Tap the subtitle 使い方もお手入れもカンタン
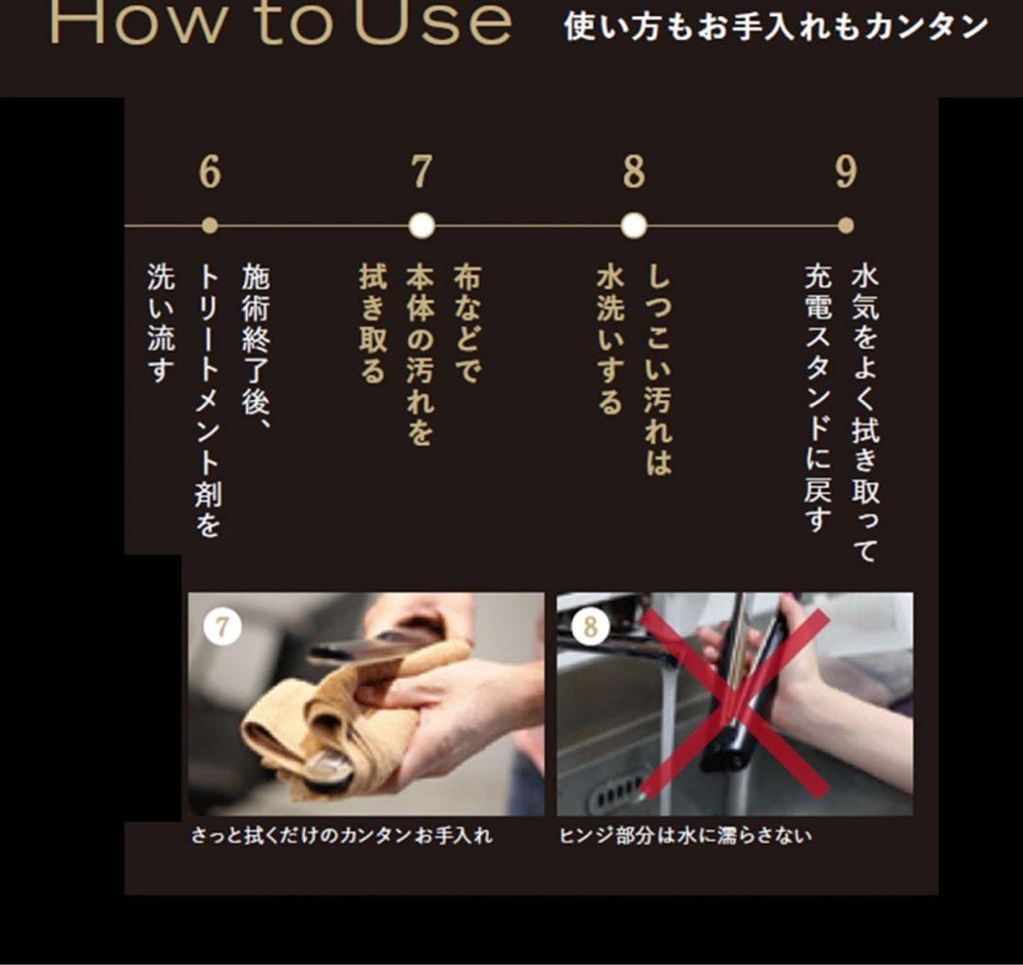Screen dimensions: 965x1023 776,27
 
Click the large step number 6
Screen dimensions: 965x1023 210,173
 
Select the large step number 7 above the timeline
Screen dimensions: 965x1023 422,173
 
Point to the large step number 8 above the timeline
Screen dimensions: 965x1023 634,173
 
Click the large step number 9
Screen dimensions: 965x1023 846,173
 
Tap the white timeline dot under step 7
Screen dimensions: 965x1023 422,226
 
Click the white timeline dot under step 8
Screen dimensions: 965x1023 634,226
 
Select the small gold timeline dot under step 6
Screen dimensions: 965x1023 210,226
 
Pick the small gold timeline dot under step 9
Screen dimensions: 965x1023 846,226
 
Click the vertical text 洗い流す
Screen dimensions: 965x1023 161,324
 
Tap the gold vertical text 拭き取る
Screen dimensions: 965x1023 372,324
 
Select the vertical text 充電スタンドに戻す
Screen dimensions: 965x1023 817,398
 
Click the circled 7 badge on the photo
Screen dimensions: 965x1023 223,627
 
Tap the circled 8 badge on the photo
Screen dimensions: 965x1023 591,627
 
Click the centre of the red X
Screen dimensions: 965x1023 736,702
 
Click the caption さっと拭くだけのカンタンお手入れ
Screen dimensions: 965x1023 341,837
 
